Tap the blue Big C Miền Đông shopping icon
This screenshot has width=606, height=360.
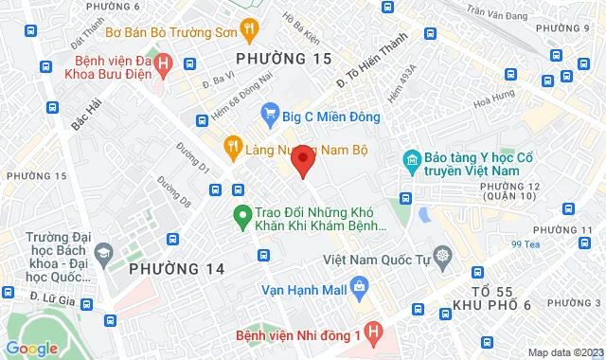click(270, 117)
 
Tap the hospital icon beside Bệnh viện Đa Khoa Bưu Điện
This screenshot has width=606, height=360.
click(163, 64)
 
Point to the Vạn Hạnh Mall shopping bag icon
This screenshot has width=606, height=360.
click(359, 285)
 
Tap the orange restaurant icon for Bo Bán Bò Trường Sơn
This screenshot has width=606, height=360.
click(249, 29)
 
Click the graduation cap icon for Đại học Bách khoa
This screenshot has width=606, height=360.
click(103, 252)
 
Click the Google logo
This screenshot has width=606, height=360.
click(32, 348)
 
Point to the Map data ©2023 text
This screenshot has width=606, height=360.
click(563, 352)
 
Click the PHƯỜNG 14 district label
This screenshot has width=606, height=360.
click(177, 269)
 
